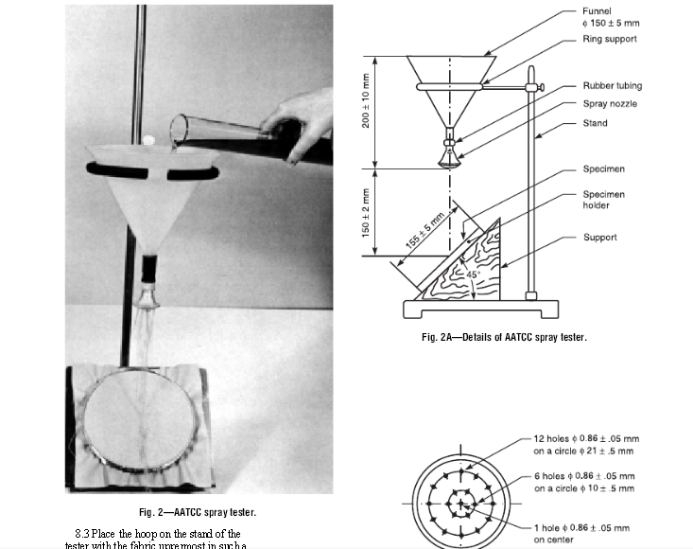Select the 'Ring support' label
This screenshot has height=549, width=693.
(x=609, y=40)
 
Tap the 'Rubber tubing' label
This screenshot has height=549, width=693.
(x=612, y=85)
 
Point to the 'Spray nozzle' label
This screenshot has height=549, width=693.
(x=609, y=104)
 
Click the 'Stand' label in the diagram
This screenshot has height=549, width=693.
(x=596, y=124)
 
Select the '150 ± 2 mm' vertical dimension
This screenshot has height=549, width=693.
(x=367, y=213)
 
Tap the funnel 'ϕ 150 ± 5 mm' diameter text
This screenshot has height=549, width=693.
(x=615, y=25)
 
